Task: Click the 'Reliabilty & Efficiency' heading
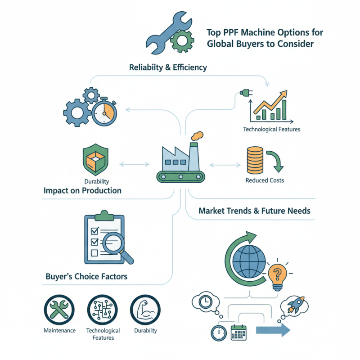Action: pyautogui.click(x=168, y=67)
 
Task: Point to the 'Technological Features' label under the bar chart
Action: pyautogui.click(x=271, y=129)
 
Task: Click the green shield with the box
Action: pyautogui.click(x=94, y=160)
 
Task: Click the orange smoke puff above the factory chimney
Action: pyautogui.click(x=197, y=135)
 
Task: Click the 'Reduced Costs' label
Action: pyautogui.click(x=265, y=180)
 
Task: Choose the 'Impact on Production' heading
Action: pyautogui.click(x=82, y=190)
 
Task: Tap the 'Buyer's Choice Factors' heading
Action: pyautogui.click(x=86, y=276)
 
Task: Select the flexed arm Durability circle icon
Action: pyautogui.click(x=145, y=310)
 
